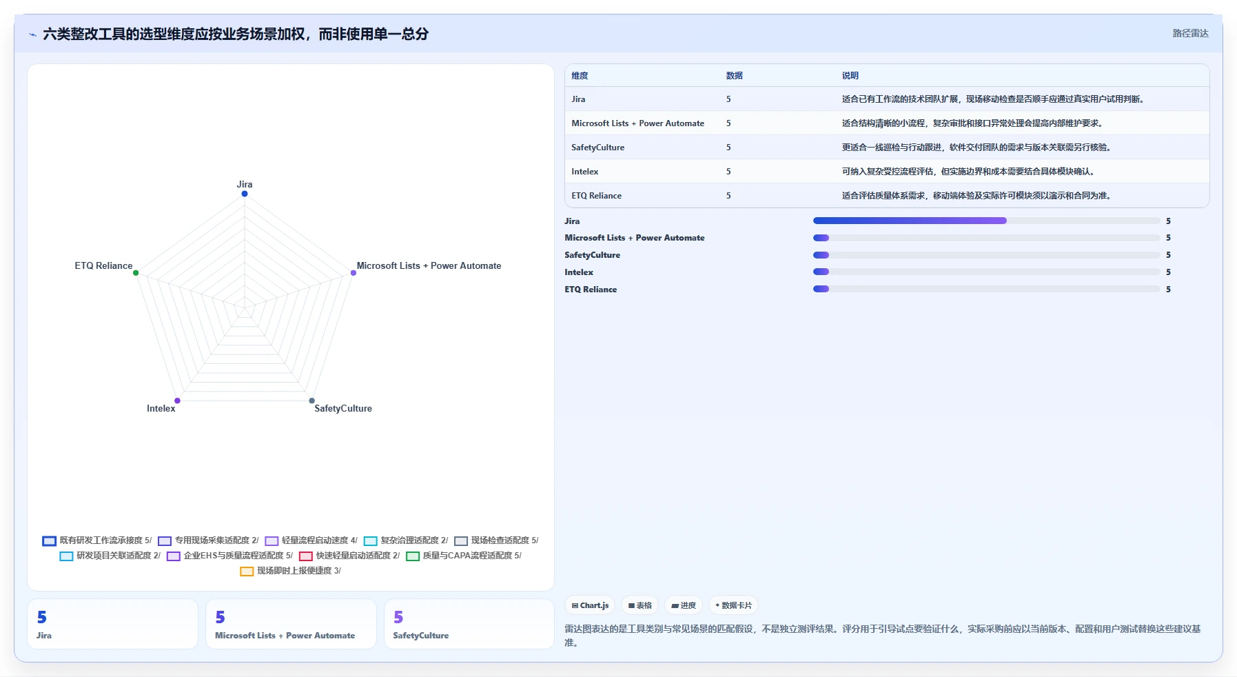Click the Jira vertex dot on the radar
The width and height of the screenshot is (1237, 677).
245,194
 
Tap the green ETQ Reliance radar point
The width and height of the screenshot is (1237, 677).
136,273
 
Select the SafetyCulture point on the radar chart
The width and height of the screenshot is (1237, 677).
312,401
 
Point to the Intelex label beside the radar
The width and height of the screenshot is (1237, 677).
161,409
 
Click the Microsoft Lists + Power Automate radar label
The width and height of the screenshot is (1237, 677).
429,266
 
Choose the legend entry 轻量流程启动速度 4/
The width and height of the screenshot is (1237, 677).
311,540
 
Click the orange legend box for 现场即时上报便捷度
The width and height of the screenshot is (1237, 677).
247,571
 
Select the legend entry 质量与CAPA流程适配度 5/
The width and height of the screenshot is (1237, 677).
464,556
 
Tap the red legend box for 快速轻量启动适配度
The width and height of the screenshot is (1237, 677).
306,556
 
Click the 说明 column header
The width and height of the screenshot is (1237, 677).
850,76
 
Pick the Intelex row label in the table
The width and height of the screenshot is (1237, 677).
585,172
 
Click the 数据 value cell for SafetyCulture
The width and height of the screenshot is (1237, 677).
728,148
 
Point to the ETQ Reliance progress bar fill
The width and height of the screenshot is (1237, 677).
821,290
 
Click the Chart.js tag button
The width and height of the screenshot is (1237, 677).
591,605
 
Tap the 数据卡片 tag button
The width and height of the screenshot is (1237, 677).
733,605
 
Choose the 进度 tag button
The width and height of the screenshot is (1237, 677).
684,605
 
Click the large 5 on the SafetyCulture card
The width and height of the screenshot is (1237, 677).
398,617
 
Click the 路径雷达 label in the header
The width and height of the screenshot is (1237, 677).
1191,33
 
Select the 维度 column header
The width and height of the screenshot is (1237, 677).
580,76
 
